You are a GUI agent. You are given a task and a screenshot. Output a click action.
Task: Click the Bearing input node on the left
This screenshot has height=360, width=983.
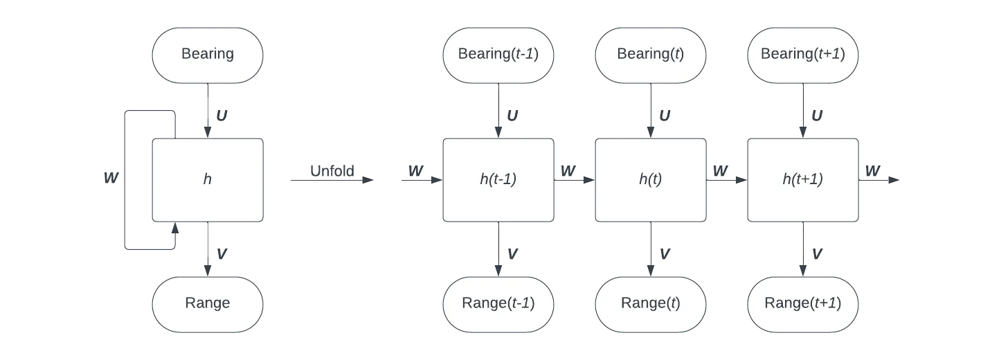click(208, 55)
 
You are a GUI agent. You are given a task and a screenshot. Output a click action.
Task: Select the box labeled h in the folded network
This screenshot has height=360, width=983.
click(208, 180)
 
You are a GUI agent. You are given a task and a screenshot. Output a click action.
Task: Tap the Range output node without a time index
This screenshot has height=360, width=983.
click(208, 304)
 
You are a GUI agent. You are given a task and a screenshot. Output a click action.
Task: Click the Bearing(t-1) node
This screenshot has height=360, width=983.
click(498, 55)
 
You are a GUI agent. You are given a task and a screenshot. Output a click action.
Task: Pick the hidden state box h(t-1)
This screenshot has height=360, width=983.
click(498, 180)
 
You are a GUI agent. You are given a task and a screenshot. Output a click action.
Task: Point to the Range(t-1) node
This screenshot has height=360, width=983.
click(498, 304)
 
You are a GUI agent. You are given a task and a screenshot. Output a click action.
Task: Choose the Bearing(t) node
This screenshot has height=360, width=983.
click(651, 55)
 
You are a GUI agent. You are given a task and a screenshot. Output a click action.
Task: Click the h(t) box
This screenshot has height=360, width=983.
click(651, 180)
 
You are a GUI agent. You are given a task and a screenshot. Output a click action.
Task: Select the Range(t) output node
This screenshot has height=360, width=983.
click(651, 304)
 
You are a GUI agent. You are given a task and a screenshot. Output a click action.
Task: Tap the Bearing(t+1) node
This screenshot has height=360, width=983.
click(803, 55)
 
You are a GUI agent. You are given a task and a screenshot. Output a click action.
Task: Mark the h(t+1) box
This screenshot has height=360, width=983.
click(803, 180)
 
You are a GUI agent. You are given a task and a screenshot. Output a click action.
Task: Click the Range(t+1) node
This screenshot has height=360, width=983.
click(803, 304)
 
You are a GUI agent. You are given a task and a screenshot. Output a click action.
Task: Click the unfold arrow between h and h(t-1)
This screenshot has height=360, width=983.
click(332, 180)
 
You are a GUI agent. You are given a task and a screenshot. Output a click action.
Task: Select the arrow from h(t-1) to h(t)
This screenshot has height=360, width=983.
click(575, 180)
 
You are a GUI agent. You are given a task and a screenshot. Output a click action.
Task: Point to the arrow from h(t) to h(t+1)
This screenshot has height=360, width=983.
click(727, 180)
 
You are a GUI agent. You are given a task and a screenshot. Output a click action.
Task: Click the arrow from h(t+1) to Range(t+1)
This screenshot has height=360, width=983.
click(803, 249)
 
